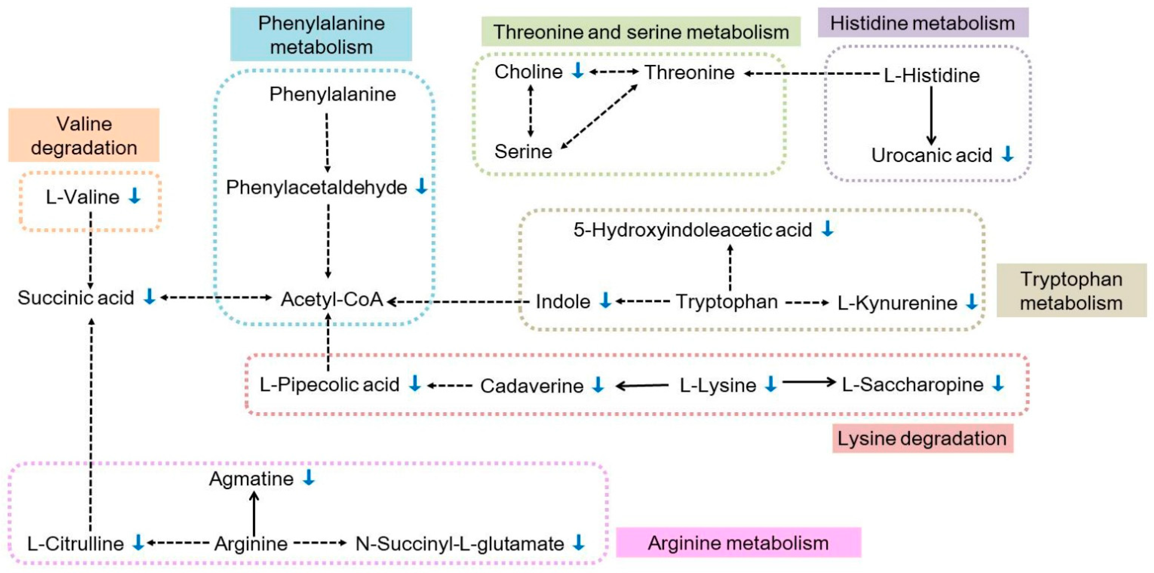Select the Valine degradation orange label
coord(84,135)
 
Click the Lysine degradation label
coord(922,438)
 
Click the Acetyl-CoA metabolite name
coord(332,299)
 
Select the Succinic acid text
coord(76,297)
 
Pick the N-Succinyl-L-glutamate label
coord(459,543)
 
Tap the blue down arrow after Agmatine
coord(309,478)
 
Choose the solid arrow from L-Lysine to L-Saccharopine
coord(809,382)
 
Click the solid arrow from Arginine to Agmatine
coord(254,513)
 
